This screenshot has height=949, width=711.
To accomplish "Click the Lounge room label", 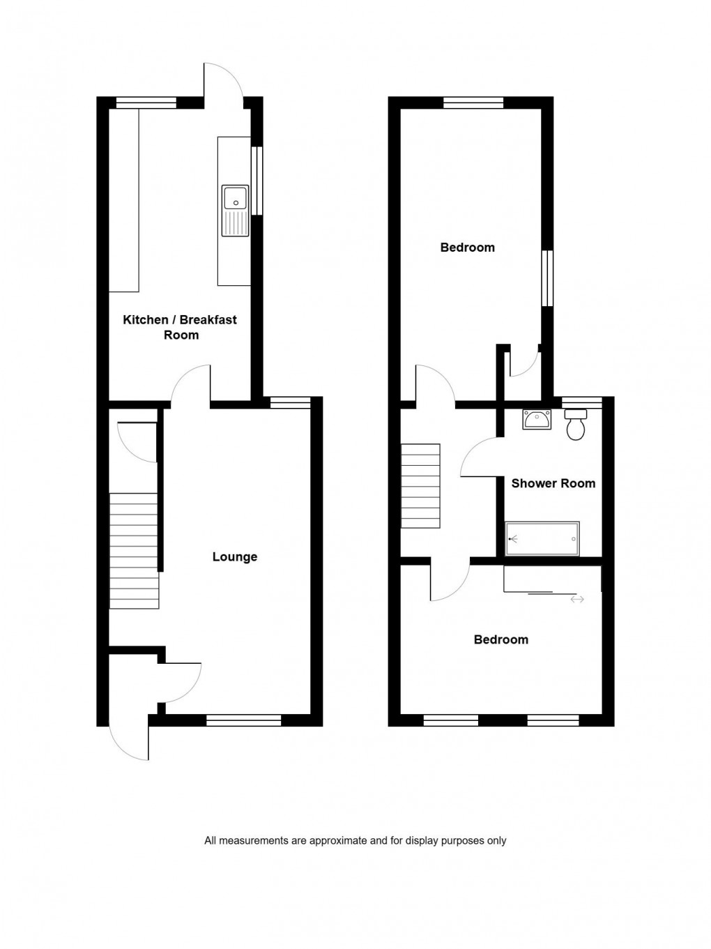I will tap(235, 556).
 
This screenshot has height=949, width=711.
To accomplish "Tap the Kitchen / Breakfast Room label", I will tap(180, 327).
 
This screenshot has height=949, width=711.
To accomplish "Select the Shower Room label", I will tap(553, 483).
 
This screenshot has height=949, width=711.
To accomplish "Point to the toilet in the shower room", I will tap(576, 425).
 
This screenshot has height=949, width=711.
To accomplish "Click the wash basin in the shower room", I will tap(536, 419).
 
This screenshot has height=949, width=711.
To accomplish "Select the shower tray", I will tap(542, 539).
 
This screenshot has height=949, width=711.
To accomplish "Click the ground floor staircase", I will tap(134, 550).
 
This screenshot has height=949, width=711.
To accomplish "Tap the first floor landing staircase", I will tap(420, 486).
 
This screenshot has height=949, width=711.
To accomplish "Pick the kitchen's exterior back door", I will tap(223, 82).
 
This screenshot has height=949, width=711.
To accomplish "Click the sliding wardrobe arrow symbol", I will tap(576, 599).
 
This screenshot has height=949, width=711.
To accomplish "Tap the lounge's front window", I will tap(243, 720).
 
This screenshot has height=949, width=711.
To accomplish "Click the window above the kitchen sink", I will tap(257, 180).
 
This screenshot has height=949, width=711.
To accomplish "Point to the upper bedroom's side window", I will tap(547, 278).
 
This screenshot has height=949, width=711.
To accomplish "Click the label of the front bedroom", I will tap(500, 639).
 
